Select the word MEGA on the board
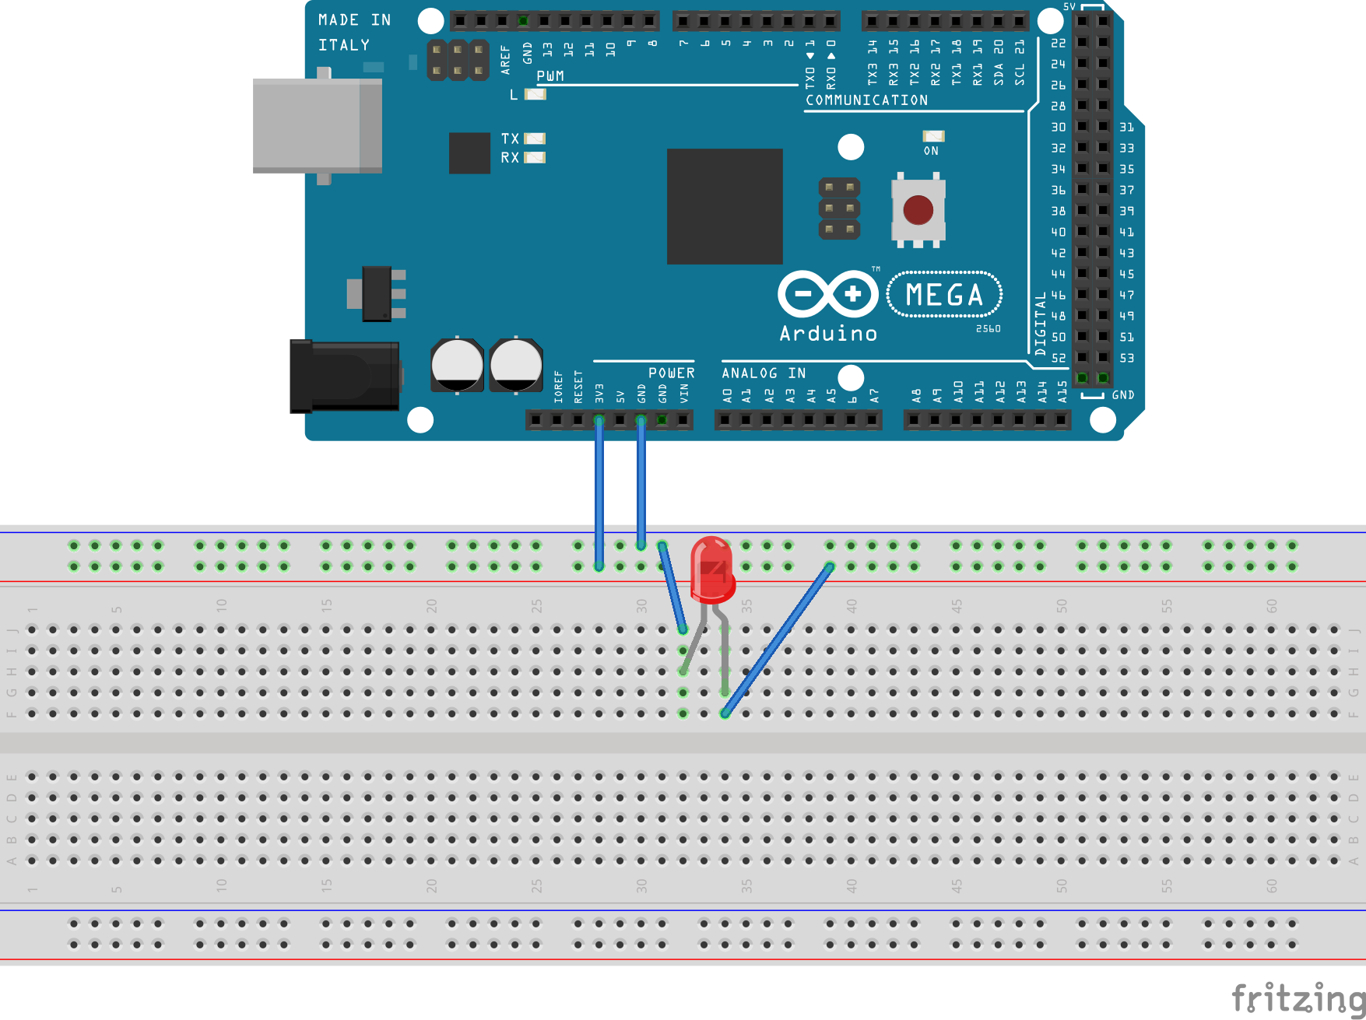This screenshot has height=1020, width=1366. pos(944,295)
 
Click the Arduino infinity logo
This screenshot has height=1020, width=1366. pos(828,294)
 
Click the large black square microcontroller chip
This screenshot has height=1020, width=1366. pos(724,206)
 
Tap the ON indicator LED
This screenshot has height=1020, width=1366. pos(932,136)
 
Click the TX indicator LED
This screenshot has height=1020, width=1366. pos(535,138)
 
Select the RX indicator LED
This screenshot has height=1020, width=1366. pos(535,158)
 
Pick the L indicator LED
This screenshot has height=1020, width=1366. pos(536,94)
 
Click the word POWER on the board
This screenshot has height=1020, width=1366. pos(671,373)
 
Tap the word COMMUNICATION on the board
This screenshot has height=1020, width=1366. pos(866,100)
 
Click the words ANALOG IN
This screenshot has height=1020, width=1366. pos(763,373)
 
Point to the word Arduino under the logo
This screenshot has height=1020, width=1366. pos(828,334)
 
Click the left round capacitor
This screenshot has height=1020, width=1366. pos(457,364)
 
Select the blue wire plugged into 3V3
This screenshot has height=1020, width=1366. pos(599,490)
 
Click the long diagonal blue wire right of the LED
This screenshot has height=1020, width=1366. pos(778,638)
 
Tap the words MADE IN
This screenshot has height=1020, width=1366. pos(354,20)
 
